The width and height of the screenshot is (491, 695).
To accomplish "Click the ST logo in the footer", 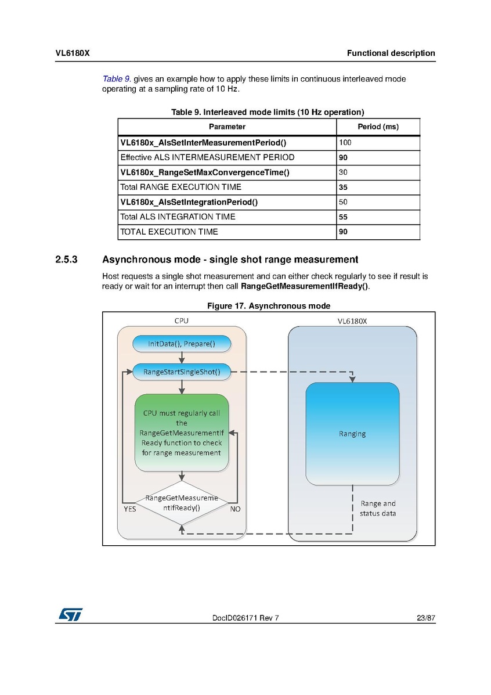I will (x=69, y=614).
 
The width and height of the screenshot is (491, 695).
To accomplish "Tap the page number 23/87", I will (x=425, y=618).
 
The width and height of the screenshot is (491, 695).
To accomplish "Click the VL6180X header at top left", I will (x=72, y=53).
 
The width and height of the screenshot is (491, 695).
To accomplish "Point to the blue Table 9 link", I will (x=116, y=79).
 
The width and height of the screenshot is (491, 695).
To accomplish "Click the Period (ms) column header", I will (x=378, y=127).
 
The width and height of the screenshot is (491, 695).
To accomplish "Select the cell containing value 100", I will (x=378, y=142).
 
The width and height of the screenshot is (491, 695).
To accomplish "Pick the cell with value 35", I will (x=378, y=188).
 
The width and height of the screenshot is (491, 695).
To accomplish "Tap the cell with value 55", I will (x=378, y=217).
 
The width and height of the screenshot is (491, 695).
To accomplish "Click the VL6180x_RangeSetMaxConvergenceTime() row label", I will (x=204, y=172).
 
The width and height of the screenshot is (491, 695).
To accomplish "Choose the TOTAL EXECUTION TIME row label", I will (x=169, y=232).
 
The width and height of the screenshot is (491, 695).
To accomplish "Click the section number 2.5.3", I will (x=67, y=260).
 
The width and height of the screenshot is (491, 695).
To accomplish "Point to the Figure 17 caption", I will (x=269, y=306).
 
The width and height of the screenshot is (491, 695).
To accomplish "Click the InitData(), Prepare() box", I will (x=182, y=344).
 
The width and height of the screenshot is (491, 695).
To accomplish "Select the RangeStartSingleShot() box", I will (x=182, y=372).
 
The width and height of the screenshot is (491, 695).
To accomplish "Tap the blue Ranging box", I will (x=352, y=433).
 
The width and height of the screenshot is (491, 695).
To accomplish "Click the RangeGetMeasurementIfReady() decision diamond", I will (x=182, y=503).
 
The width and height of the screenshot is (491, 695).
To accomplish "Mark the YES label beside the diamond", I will (x=131, y=509).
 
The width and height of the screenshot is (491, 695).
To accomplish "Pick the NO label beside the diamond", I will (x=236, y=509).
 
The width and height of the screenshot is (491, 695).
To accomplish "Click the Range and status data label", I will (x=378, y=509).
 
